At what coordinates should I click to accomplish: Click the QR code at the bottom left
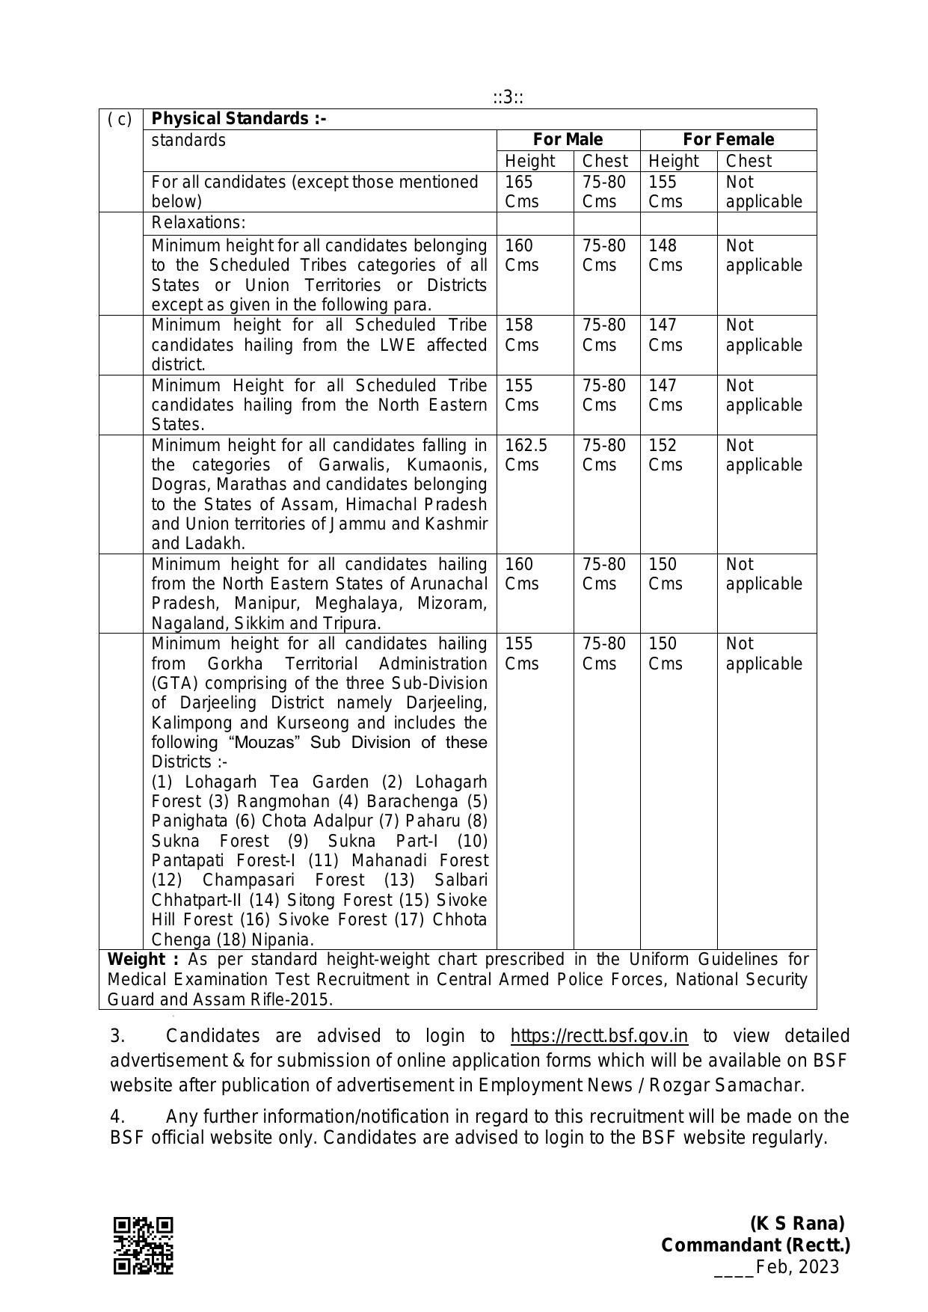[143, 1245]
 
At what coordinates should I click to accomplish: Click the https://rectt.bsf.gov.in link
[599, 1036]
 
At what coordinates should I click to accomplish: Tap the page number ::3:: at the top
[508, 97]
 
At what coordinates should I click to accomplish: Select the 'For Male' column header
[568, 140]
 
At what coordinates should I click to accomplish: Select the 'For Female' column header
[728, 140]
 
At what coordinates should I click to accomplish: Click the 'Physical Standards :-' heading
[239, 119]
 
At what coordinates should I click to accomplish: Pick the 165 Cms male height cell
[521, 191]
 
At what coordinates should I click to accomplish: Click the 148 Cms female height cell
[665, 255]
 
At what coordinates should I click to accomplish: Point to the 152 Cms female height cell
[665, 455]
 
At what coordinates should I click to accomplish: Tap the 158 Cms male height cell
[521, 334]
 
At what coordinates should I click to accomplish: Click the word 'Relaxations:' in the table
[198, 223]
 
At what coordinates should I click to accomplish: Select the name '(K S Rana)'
[797, 1224]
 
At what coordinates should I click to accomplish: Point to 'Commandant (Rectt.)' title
[755, 1245]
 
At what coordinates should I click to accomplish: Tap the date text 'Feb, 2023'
[797, 1267]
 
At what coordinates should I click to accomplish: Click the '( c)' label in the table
[120, 119]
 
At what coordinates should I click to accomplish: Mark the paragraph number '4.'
[117, 1117]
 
